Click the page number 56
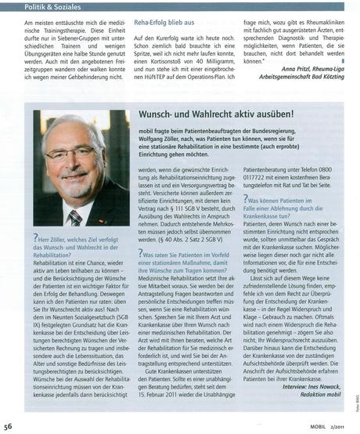pos(8,427)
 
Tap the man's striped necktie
pos(74,216)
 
